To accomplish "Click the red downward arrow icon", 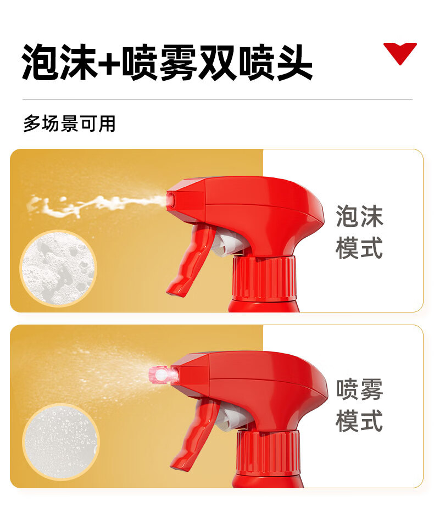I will pyautogui.click(x=400, y=52).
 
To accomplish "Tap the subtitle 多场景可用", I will pyautogui.click(x=69, y=124).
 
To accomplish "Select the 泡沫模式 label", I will pyautogui.click(x=359, y=232).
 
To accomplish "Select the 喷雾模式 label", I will pyautogui.click(x=359, y=405).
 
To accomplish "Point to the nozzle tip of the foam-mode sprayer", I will pyautogui.click(x=171, y=200).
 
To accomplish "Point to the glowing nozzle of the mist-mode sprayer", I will pyautogui.click(x=162, y=375).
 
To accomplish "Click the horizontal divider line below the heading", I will pyautogui.click(x=217, y=99).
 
